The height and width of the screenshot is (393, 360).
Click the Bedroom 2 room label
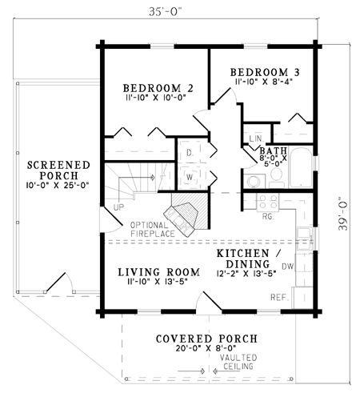click(x=158, y=88)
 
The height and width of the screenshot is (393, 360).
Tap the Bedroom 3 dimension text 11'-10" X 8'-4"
click(x=264, y=82)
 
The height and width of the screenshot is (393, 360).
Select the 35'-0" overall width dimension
click(x=166, y=11)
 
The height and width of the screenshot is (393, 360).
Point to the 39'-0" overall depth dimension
click(x=343, y=214)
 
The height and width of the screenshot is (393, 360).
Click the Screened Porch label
click(x=58, y=170)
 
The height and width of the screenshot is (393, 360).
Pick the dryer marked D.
click(x=190, y=153)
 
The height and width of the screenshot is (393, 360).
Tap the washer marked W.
click(x=190, y=177)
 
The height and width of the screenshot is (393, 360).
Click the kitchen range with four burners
click(x=268, y=202)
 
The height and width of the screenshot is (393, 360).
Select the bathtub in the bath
click(x=301, y=167)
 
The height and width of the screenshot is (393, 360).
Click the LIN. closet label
click(x=256, y=138)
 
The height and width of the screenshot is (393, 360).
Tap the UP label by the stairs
click(x=118, y=207)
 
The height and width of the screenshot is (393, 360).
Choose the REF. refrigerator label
click(x=280, y=298)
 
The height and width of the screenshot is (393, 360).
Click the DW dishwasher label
click(x=288, y=266)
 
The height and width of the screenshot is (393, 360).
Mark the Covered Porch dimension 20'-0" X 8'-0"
click(x=206, y=348)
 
